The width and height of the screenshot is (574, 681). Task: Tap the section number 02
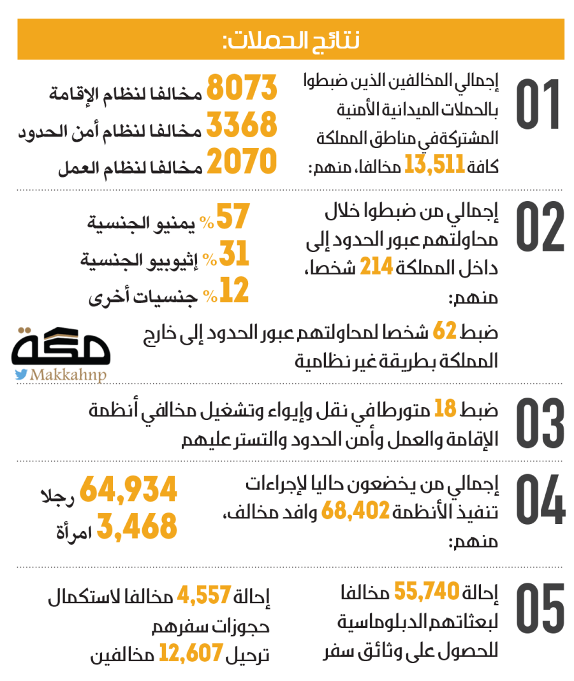click(540, 227)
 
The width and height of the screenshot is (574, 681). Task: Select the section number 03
click(540, 424)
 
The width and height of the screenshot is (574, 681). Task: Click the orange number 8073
click(242, 87)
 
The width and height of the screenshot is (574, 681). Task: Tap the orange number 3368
click(242, 124)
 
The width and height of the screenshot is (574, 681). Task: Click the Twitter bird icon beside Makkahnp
click(21, 374)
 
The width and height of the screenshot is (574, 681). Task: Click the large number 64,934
click(128, 490)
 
